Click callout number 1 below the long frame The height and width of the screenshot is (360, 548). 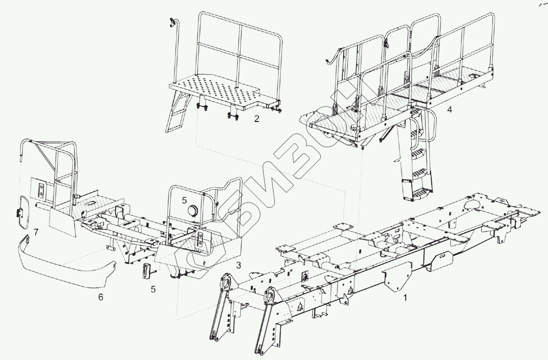(405, 298)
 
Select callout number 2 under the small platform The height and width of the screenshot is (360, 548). (257, 119)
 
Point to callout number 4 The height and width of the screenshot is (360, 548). (450, 109)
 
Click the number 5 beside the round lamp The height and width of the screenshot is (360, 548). (184, 200)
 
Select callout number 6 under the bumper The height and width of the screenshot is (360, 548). (101, 298)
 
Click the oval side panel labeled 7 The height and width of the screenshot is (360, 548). (22, 212)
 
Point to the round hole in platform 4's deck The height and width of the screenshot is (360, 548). (474, 76)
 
